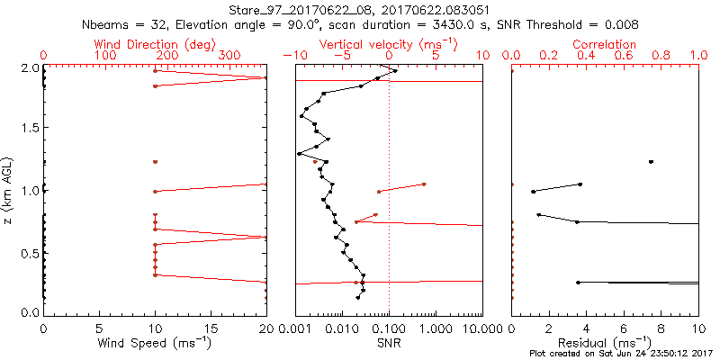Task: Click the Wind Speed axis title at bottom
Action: [155, 342]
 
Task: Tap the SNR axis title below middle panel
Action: [389, 342]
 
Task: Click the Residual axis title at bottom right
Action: [605, 342]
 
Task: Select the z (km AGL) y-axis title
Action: [7, 190]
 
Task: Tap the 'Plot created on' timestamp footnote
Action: [622, 353]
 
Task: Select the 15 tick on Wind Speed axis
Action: [211, 329]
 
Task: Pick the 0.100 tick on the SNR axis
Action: [389, 329]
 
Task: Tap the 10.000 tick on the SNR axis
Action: [482, 329]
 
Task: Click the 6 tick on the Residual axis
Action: [624, 329]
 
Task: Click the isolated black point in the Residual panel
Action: [652, 162]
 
